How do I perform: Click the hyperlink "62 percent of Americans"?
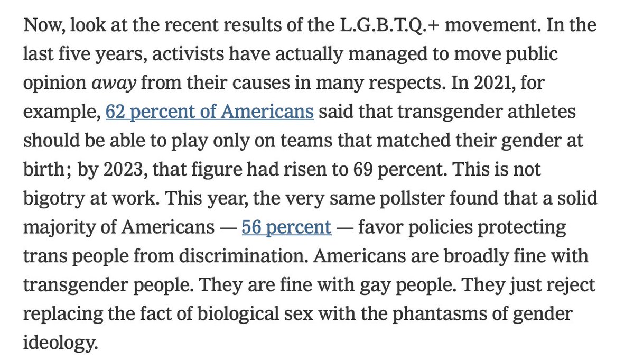[210, 113]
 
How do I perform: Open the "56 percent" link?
[286, 228]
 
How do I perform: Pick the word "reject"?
[572, 285]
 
